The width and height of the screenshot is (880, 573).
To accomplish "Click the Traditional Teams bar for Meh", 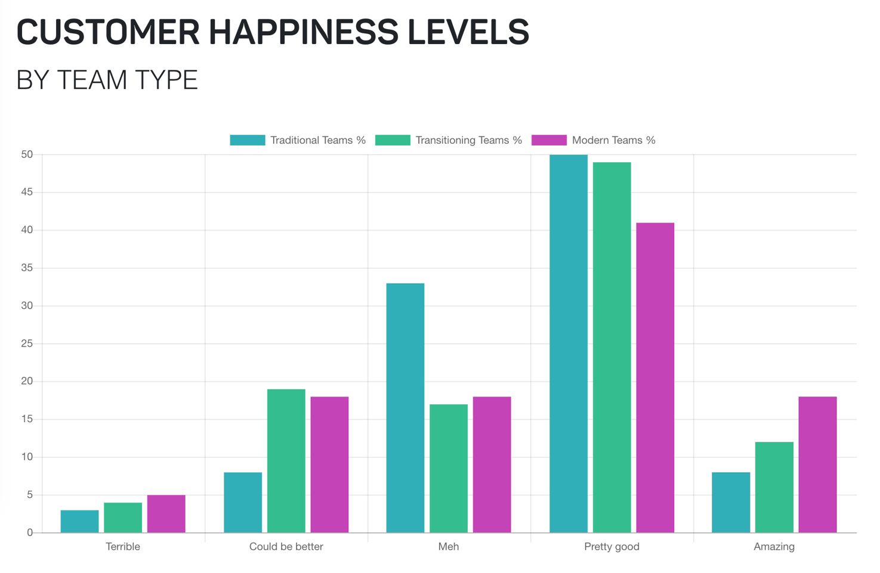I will [x=405, y=408].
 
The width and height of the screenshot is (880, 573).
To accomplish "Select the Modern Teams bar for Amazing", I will [x=817, y=464].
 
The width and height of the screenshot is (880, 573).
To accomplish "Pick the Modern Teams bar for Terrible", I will [x=166, y=513].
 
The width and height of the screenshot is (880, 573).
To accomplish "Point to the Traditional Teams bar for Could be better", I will [x=243, y=502].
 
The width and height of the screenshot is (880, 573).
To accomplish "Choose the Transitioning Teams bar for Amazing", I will [x=774, y=487].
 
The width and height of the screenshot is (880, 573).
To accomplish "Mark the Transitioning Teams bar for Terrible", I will [x=123, y=518].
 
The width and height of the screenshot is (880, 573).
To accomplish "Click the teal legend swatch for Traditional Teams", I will [x=247, y=140].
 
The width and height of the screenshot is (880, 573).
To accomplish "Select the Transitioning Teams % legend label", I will [x=468, y=140].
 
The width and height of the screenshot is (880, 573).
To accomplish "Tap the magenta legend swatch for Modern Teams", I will [x=548, y=140].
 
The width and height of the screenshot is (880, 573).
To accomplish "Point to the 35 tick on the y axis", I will [x=27, y=268].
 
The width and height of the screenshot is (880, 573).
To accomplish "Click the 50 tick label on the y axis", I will [x=27, y=154].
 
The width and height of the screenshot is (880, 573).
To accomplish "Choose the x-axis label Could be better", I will [x=286, y=546].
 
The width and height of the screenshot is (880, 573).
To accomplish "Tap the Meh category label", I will [x=449, y=546].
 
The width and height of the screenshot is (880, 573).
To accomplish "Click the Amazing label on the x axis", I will [x=774, y=546].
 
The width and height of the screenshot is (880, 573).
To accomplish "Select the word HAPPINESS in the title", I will [x=303, y=32].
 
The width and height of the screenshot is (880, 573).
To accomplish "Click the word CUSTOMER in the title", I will [x=107, y=32].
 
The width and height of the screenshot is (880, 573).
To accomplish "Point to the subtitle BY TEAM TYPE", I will [x=107, y=80].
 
